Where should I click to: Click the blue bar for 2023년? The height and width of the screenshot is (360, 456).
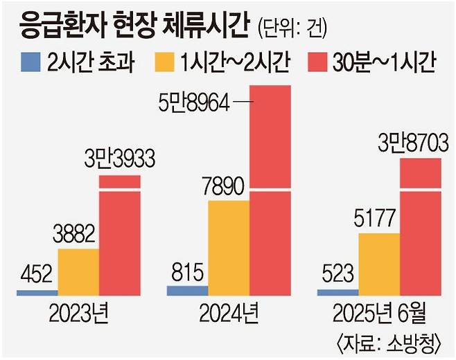pyautogui.click(x=37, y=292)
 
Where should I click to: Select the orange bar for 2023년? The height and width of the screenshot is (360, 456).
pyautogui.click(x=78, y=271)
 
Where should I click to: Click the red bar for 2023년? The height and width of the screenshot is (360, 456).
pyautogui.click(x=119, y=235)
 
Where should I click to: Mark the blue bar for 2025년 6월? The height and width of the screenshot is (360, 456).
pyautogui.click(x=338, y=292)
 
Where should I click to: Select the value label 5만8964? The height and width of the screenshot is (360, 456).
pyautogui.click(x=196, y=103)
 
